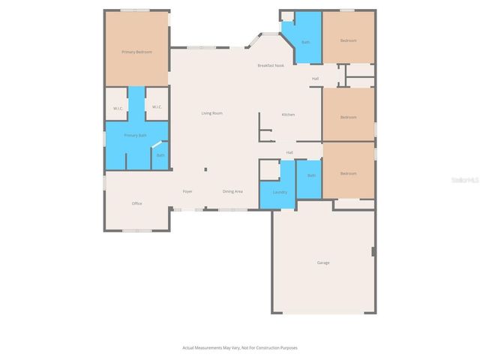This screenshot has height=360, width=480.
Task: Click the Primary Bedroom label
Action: coord(137,52)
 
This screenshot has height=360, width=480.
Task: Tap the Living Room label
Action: coord(211,113)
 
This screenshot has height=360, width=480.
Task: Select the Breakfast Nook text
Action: coord(271,66)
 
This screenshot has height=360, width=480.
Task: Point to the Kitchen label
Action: coord(288,115)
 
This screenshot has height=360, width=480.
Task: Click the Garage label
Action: coord(323,262)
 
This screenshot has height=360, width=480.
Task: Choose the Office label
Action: coord(137,203)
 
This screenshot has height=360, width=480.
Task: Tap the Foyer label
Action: coord(188,191)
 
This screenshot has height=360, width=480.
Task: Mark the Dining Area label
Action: coord(232,191)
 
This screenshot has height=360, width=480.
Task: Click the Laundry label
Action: coord(280,191)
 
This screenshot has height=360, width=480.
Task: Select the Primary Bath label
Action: coord(136,135)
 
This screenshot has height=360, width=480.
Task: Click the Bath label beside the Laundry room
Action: coord(311,175)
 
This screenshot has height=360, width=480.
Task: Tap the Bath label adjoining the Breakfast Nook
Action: coord(305,42)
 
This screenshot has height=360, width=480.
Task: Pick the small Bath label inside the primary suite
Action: coord(160,155)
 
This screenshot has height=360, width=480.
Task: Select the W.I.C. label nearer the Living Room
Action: coord(157,107)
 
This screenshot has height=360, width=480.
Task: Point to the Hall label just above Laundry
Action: coord(289,152)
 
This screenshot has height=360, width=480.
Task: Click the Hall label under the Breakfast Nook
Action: coord(316,78)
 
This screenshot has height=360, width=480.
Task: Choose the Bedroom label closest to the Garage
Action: coord(348,173)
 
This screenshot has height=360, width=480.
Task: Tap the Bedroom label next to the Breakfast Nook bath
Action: coord(348,40)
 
